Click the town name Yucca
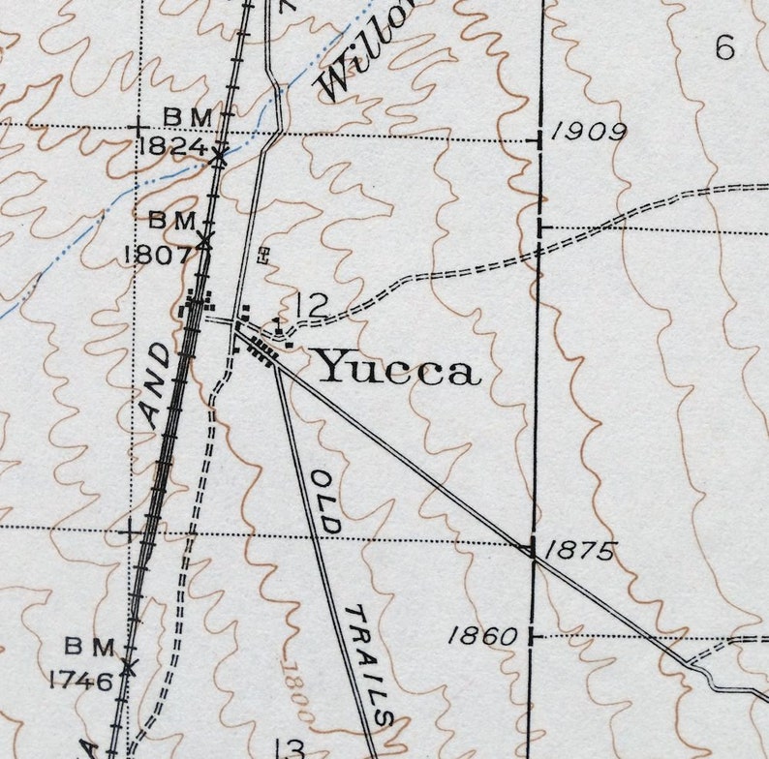pos(398,368)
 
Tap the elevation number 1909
pos(589,133)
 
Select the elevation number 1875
pos(579,551)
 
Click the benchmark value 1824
pos(172,147)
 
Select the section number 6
pos(724,47)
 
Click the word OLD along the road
pos(325,501)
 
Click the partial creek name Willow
pos(366,53)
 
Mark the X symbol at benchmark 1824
pos(220,155)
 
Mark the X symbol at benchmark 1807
pos(204,239)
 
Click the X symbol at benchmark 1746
pos(128,666)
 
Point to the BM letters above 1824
pos(187,116)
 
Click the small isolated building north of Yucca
pos(262,255)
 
